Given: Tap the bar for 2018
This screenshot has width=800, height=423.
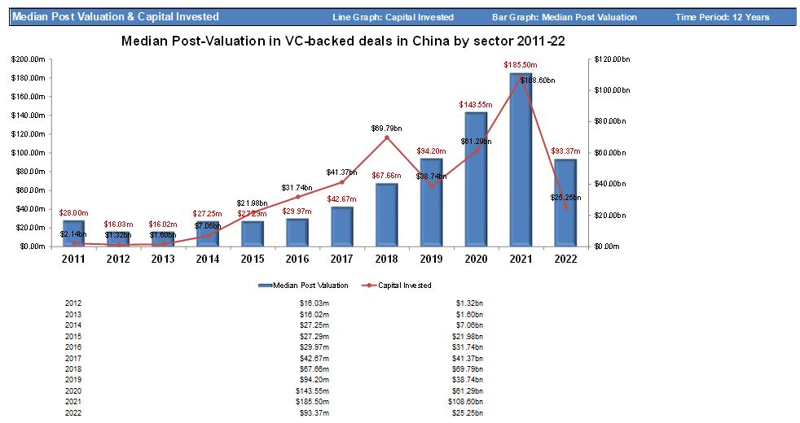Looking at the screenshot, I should pyautogui.click(x=387, y=215).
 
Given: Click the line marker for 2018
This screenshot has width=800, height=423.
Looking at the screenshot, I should pyautogui.click(x=387, y=137).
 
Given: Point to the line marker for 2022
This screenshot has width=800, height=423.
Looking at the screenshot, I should pyautogui.click(x=565, y=207).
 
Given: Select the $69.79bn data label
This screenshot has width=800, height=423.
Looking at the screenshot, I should pyautogui.click(x=387, y=128).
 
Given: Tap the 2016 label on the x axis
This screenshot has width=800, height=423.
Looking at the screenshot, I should pyautogui.click(x=297, y=259).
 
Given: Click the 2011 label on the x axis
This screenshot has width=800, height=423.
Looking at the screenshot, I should pyautogui.click(x=73, y=259).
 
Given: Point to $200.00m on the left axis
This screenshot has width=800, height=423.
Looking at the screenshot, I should pyautogui.click(x=27, y=59).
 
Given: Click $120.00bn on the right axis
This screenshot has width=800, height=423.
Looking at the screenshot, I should pyautogui.click(x=606, y=59).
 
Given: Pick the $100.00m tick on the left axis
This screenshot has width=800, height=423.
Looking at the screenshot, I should pyautogui.click(x=27, y=153).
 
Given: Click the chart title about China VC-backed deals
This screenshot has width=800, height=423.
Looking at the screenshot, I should pyautogui.click(x=343, y=41).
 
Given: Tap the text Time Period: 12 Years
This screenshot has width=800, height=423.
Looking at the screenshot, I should pyautogui.click(x=722, y=17).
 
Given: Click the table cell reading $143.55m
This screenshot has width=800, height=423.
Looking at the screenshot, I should pyautogui.click(x=314, y=390).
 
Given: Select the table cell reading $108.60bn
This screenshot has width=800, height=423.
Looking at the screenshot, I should pyautogui.click(x=470, y=402).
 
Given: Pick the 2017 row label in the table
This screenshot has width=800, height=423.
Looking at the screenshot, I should pyautogui.click(x=73, y=358).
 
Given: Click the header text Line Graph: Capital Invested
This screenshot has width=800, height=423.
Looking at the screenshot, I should pyautogui.click(x=393, y=17).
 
